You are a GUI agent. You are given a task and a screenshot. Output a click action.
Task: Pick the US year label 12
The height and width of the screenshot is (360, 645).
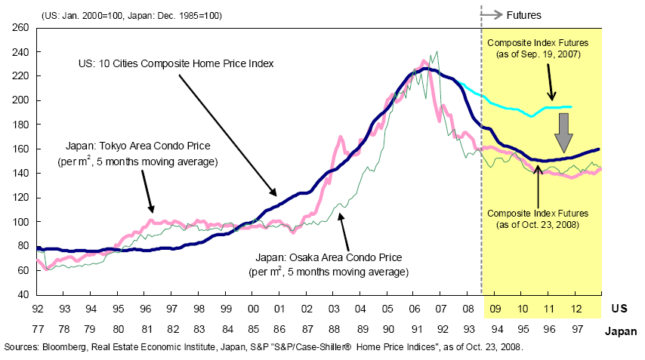click(x=576, y=309)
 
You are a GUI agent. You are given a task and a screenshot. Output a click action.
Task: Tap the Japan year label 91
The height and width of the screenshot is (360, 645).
click(x=414, y=331)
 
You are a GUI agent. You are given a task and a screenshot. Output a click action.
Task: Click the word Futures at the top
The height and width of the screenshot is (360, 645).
click(x=523, y=15)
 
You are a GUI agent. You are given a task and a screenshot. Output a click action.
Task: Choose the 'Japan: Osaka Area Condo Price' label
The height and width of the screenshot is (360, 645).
click(x=329, y=257)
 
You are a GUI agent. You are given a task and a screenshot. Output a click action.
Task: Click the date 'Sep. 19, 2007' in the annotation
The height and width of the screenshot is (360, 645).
click(x=548, y=56)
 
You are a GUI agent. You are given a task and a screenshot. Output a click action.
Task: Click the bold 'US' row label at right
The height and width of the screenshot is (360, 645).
click(x=619, y=309)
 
